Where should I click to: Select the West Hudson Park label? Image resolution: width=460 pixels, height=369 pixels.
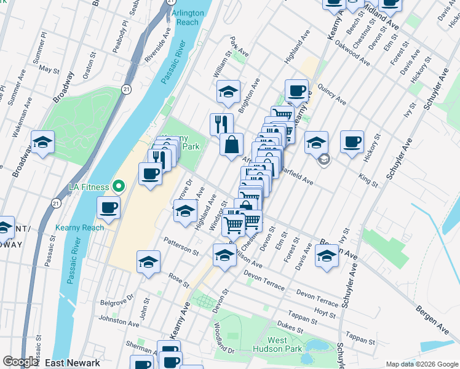click(285, 344)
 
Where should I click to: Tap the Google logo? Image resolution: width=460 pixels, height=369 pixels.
click(21, 362)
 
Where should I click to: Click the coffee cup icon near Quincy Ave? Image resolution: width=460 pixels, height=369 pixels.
click(296, 91)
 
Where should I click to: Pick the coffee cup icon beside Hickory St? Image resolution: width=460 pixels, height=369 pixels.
click(352, 141)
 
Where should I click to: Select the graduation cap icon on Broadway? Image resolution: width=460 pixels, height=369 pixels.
click(42, 143)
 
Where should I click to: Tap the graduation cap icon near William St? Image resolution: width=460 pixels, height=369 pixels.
click(228, 92)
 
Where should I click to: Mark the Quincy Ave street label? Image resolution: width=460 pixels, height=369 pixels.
click(333, 95)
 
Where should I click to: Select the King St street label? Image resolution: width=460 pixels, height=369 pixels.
click(368, 180)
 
